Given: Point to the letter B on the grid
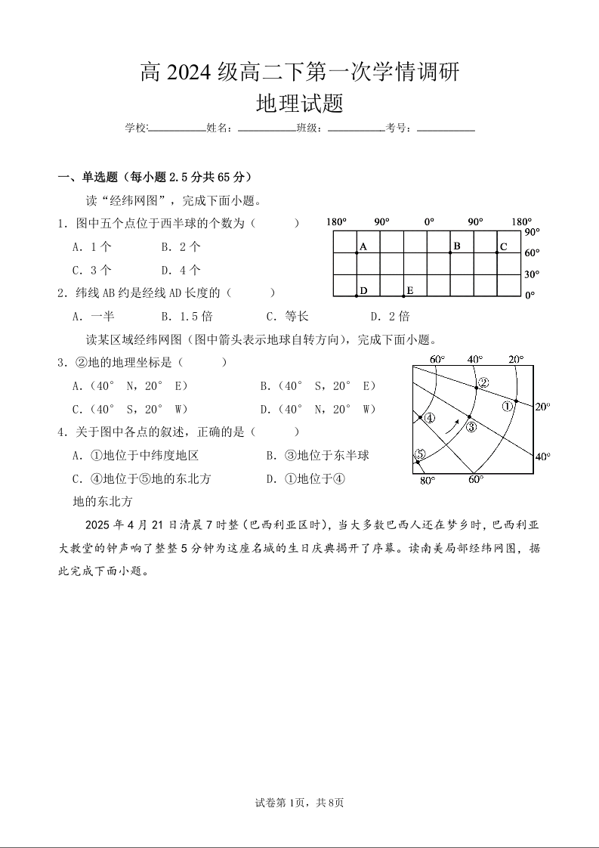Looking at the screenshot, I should tap(457, 246).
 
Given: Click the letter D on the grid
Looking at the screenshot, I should tap(363, 290).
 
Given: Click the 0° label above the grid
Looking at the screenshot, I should tap(428, 222).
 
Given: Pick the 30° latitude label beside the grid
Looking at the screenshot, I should tap(532, 274).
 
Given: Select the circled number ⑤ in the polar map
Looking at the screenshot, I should tap(421, 453).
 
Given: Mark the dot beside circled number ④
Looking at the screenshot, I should tap(421, 417).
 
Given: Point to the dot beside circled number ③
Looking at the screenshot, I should tap(469, 416).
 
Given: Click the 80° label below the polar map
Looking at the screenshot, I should tap(427, 480).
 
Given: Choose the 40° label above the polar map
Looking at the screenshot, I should tap(474, 359).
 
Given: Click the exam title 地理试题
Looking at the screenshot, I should tap(299, 104).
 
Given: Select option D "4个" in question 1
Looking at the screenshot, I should tap(181, 270).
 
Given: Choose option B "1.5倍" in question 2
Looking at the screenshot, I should tap(187, 316).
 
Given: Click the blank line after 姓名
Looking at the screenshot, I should tap(266, 129).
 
